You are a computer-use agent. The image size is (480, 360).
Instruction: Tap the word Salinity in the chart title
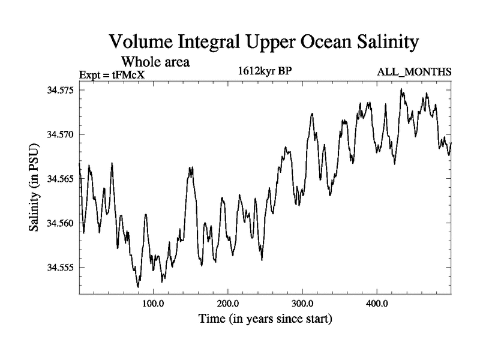pyautogui.click(x=378, y=42)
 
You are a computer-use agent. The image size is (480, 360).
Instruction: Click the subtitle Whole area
pyautogui.click(x=157, y=61)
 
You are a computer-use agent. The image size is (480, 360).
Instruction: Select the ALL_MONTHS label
pyautogui.click(x=414, y=73)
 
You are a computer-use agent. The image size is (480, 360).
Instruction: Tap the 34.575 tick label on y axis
pyautogui.click(x=60, y=90)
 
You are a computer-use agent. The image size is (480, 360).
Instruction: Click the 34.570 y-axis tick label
pyautogui.click(x=60, y=134)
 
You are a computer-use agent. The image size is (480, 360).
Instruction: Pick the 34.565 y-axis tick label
pyautogui.click(x=60, y=179)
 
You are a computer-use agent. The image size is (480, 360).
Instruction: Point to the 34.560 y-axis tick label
pyautogui.click(x=60, y=223)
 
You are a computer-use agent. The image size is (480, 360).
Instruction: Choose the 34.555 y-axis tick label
pyautogui.click(x=60, y=268)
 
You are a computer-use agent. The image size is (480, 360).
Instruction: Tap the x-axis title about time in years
pyautogui.click(x=265, y=319)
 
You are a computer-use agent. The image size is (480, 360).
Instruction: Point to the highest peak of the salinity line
pyautogui.click(x=401, y=89)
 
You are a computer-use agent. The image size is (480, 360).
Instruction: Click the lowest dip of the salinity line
pyautogui.click(x=139, y=287)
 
